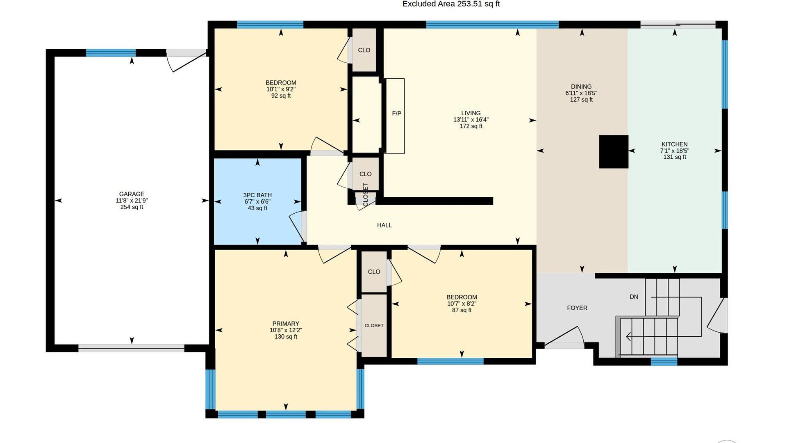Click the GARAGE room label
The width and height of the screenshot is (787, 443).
click(132, 194)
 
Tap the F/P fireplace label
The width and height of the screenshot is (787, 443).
click(396, 114)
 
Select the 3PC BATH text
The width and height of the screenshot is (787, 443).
click(257, 195)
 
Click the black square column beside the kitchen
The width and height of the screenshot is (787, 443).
click(614, 152)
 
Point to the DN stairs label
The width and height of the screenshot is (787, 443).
click(634, 297)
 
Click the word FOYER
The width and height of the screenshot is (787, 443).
click(577, 308)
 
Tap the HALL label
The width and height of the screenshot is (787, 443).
click(384, 225)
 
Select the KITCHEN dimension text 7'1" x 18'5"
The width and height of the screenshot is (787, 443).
click(675, 151)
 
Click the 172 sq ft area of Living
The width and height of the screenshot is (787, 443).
click(471, 126)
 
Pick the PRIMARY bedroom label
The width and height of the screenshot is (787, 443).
click(286, 324)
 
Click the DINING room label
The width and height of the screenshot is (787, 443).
click(581, 87)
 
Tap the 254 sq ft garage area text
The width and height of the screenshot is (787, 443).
click(132, 207)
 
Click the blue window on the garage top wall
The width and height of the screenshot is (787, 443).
click(111, 53)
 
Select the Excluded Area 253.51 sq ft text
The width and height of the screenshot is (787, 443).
click(451, 4)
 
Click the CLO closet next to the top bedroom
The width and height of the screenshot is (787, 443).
click(364, 50)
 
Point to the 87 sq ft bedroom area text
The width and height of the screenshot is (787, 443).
click(462, 311)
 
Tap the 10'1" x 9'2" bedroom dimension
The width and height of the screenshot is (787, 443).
click(281, 89)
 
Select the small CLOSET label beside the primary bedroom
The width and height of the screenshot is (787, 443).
click(374, 326)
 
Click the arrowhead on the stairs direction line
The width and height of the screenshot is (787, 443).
click(628, 337)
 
